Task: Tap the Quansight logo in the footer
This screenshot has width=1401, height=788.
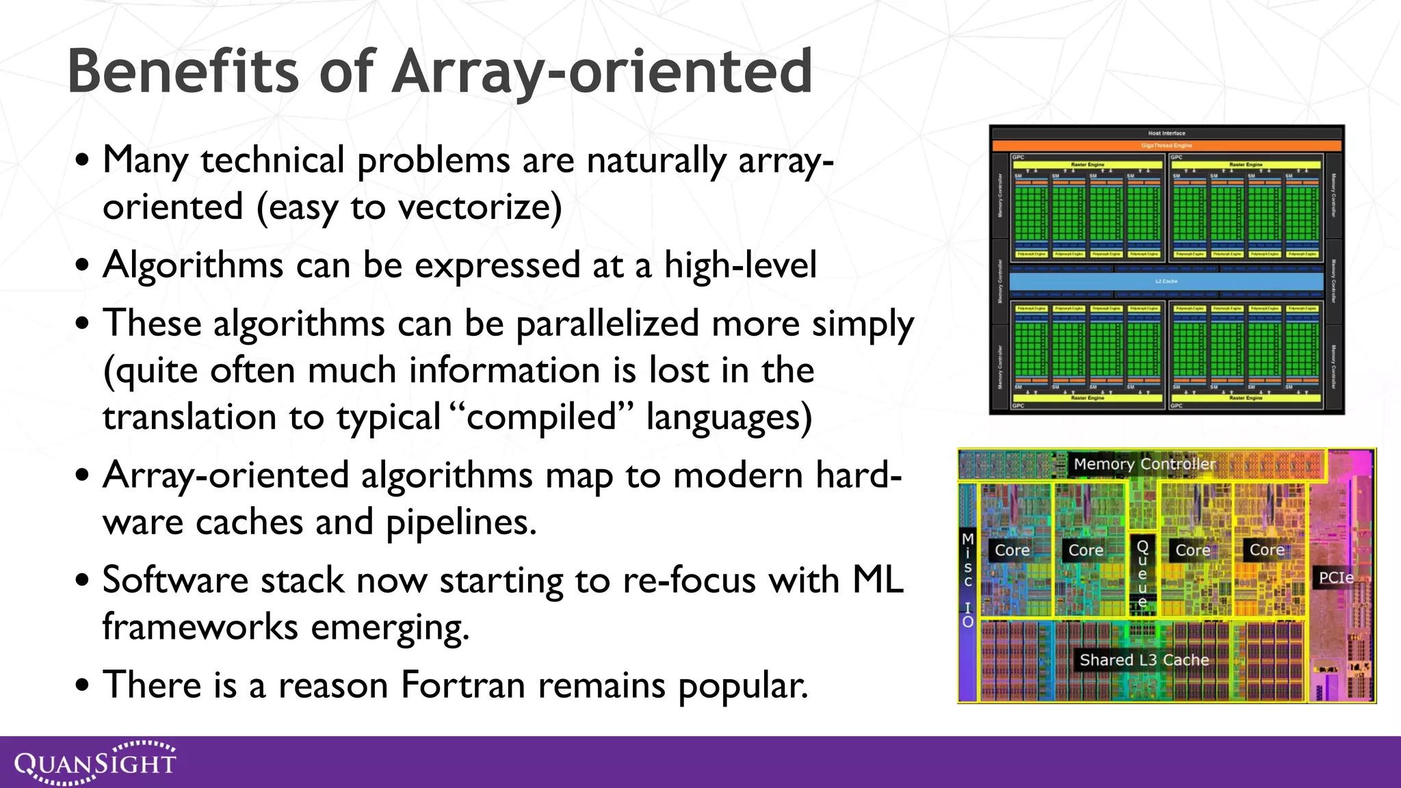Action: coord(95,762)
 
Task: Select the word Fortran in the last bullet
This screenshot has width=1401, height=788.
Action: coord(463,685)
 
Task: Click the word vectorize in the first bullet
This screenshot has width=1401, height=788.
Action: coord(480,207)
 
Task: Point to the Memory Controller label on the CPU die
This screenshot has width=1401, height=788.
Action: coord(1144,464)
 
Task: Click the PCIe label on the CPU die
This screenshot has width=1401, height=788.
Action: coord(1335,577)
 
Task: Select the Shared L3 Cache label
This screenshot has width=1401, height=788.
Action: coord(1144,660)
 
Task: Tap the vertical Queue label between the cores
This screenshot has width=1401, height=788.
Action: coord(1142,573)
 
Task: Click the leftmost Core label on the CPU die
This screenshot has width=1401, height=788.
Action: coord(1012,550)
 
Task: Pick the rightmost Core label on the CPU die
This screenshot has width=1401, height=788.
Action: coord(1266,550)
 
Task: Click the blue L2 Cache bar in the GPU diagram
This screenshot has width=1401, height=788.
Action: coord(1166,281)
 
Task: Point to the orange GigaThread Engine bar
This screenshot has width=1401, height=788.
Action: coord(1166,146)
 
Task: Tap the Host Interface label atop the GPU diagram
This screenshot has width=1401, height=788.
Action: coord(1166,133)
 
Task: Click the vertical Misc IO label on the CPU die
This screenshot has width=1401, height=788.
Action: coord(967,579)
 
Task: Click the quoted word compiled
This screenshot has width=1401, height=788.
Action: coord(541,417)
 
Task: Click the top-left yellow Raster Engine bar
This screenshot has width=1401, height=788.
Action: coord(1087,165)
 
